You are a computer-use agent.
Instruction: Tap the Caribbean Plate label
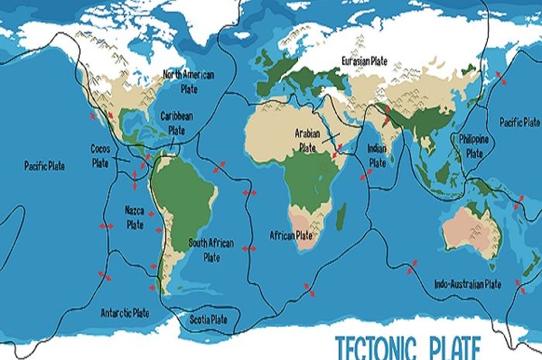pyautogui.click(x=177, y=122)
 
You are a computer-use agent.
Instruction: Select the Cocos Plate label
pyautogui.click(x=101, y=155)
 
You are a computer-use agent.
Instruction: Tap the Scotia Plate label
pyautogui.click(x=209, y=319)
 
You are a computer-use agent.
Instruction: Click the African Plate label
pyautogui.click(x=291, y=235)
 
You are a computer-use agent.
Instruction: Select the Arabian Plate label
pyautogui.click(x=308, y=139)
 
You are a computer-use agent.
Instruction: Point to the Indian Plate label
pyautogui.click(x=377, y=156)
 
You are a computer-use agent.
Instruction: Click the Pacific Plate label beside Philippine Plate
pyautogui.click(x=519, y=122)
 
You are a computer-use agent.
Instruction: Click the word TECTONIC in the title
pyautogui.click(x=379, y=345)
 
